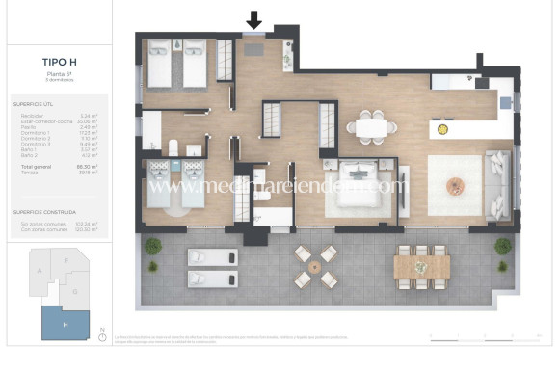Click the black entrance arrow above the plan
[x=254, y=19]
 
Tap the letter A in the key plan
[x=39, y=272]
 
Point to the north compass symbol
[x=102, y=336]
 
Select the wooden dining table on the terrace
[x=422, y=264]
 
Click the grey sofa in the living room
[x=497, y=184]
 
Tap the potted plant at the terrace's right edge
[x=502, y=247]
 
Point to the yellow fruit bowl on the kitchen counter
[x=442, y=129]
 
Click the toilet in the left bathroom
[x=173, y=147]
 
